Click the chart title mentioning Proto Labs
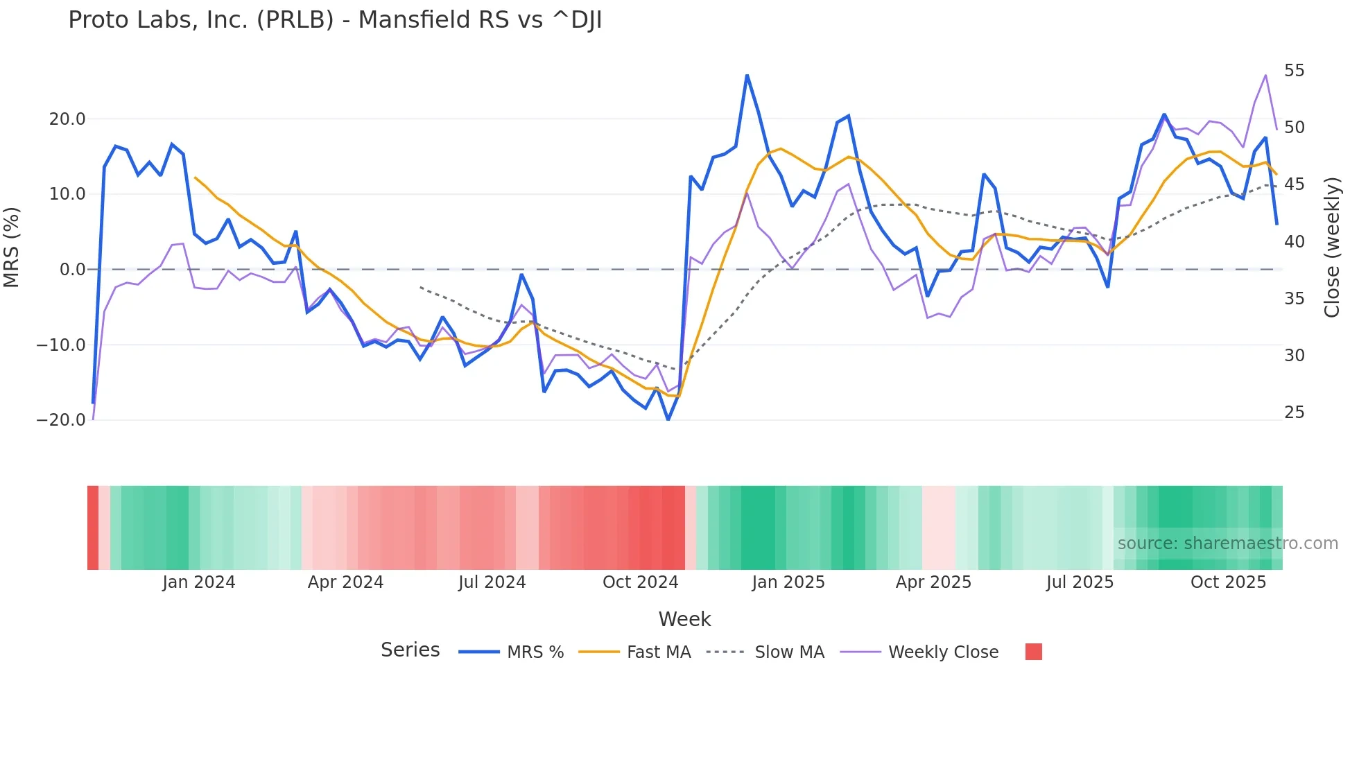click(335, 20)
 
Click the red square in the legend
click(1033, 652)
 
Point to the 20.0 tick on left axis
click(67, 119)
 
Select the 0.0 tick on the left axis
click(73, 270)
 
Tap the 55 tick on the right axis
click(1294, 71)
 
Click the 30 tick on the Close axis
click(1294, 356)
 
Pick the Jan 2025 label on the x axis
click(788, 582)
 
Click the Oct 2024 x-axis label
click(640, 582)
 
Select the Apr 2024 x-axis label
click(345, 582)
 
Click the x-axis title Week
click(684, 619)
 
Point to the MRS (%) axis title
click(12, 248)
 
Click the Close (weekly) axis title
click(1331, 248)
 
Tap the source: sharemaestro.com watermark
click(1227, 544)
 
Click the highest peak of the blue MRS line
click(747, 75)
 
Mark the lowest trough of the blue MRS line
click(668, 419)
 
